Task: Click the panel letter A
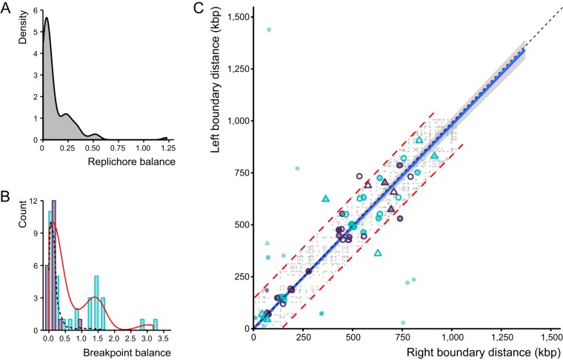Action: (7, 7)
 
